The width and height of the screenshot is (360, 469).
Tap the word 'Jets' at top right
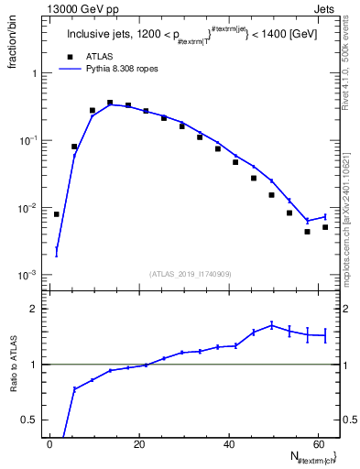pyautogui.click(x=326, y=7)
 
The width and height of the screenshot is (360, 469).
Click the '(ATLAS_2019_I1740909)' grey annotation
pyautogui.click(x=191, y=273)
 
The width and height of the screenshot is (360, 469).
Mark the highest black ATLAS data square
pyautogui.click(x=110, y=103)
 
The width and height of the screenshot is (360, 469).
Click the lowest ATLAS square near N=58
pyautogui.click(x=307, y=232)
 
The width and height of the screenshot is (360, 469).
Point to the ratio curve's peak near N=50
pyautogui.click(x=271, y=324)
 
